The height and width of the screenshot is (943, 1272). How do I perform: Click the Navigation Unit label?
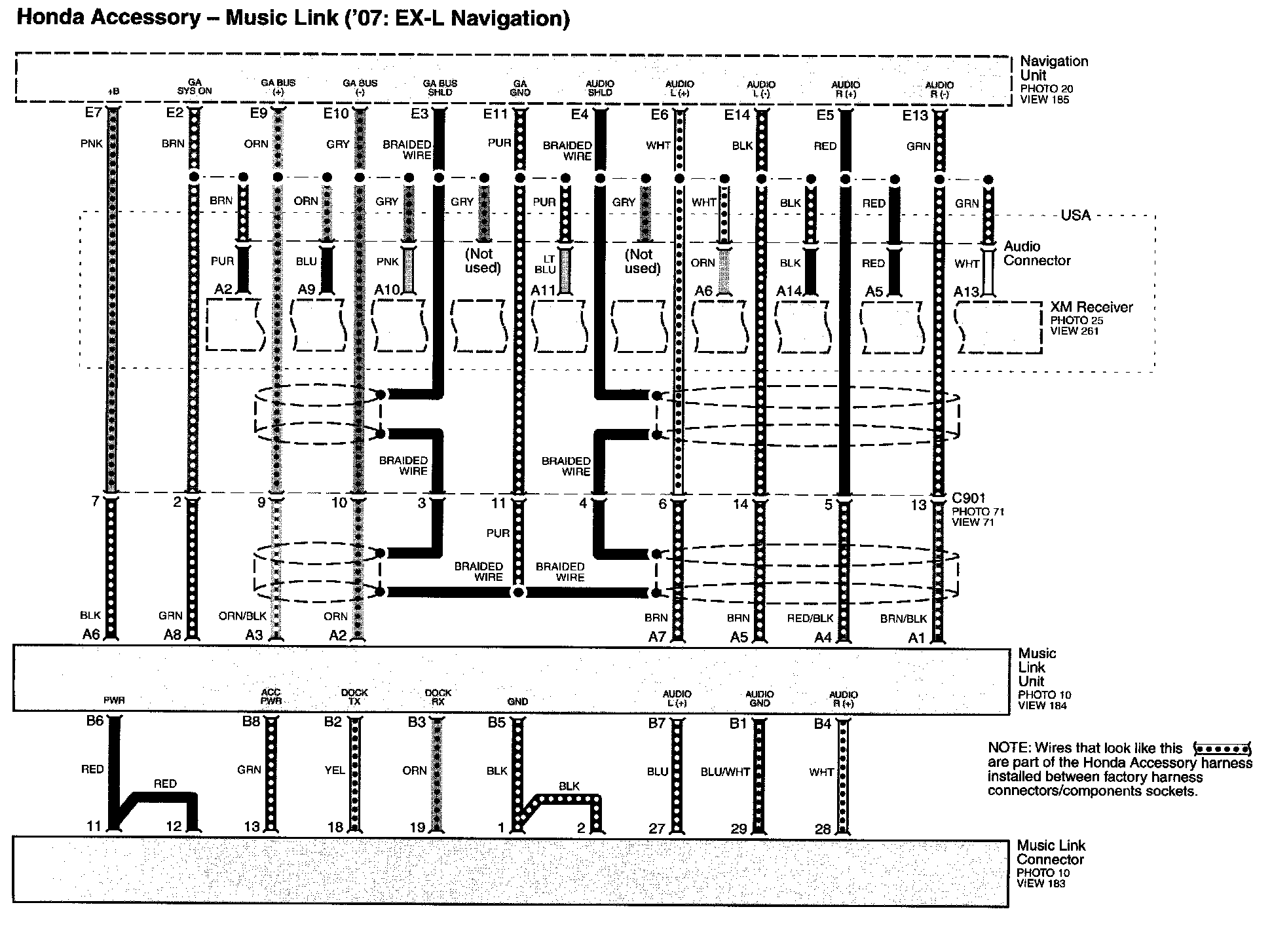(x=1053, y=68)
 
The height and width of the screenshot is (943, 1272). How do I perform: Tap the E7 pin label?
(x=93, y=113)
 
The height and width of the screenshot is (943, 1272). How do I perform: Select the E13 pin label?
(x=914, y=115)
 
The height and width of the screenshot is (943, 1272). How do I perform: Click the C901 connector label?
(x=969, y=498)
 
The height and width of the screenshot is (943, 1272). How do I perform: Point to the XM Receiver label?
(x=1091, y=307)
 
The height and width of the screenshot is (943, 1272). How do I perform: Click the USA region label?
(x=1075, y=215)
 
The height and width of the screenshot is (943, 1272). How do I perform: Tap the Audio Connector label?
(x=1036, y=253)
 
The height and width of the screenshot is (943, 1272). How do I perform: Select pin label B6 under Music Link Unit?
(x=95, y=721)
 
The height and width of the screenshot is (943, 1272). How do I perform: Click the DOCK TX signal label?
(x=354, y=697)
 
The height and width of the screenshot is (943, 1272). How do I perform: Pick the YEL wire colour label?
(x=334, y=771)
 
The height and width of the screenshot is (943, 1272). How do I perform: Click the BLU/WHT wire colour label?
(x=724, y=772)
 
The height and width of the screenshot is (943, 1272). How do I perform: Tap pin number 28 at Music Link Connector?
(x=823, y=829)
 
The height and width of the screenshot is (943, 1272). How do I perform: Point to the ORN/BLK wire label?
(x=242, y=616)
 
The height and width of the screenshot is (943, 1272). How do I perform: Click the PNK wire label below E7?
(x=91, y=143)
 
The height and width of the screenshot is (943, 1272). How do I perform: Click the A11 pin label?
(x=543, y=290)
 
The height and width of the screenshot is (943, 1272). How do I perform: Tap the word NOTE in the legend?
(x=1004, y=748)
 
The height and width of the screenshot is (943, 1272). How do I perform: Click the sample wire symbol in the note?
(x=1222, y=748)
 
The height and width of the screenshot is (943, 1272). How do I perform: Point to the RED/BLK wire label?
(x=810, y=618)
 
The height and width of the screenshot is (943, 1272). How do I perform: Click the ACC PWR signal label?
(x=271, y=697)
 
